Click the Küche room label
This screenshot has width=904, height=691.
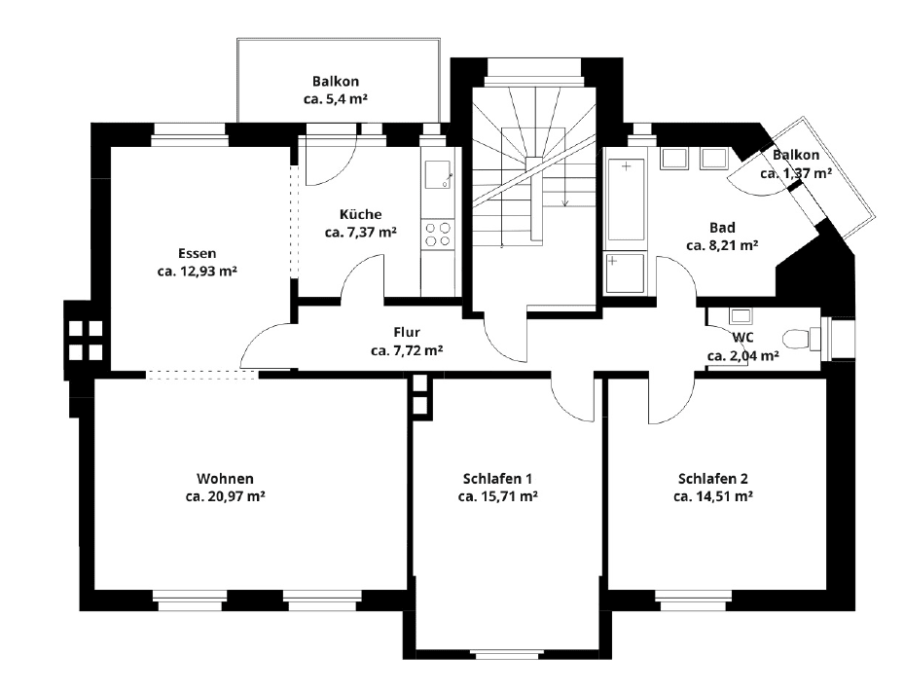pyautogui.click(x=360, y=214)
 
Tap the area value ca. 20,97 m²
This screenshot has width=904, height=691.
pyautogui.click(x=226, y=496)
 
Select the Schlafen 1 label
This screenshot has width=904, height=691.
pyautogui.click(x=497, y=479)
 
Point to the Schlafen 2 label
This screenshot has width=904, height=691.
pyautogui.click(x=713, y=479)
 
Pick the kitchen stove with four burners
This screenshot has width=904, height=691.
pyautogui.click(x=438, y=235)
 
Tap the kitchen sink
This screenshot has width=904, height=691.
pyautogui.click(x=439, y=175)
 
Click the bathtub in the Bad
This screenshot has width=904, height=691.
pyautogui.click(x=626, y=199)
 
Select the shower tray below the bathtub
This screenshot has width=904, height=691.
pyautogui.click(x=625, y=273)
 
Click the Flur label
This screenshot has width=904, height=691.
pyautogui.click(x=407, y=332)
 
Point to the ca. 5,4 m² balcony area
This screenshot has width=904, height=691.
pyautogui.click(x=336, y=99)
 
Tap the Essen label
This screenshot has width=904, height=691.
pyautogui.click(x=198, y=253)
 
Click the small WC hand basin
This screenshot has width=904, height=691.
pyautogui.click(x=741, y=316)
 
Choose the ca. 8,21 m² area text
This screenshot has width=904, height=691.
pyautogui.click(x=722, y=245)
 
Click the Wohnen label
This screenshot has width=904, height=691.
pyautogui.click(x=226, y=479)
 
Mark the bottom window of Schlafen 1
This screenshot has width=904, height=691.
pyautogui.click(x=507, y=655)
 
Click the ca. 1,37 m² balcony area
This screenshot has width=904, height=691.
pyautogui.click(x=796, y=173)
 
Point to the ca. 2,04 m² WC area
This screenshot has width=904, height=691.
pyautogui.click(x=743, y=356)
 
